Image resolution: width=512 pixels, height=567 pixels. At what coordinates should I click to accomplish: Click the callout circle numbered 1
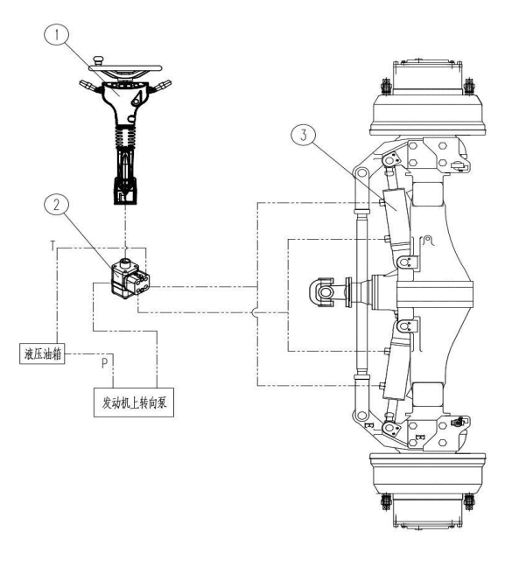click(56, 35)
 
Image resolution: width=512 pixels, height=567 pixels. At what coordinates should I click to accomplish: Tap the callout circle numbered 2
click(56, 205)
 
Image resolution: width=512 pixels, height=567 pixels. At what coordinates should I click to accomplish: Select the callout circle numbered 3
click(304, 136)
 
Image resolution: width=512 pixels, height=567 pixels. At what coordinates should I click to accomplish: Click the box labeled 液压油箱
click(42, 353)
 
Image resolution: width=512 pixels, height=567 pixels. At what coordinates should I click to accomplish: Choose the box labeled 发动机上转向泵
click(134, 402)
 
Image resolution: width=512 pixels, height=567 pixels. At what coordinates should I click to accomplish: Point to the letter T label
click(53, 246)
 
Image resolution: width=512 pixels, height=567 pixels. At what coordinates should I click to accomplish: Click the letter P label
click(104, 363)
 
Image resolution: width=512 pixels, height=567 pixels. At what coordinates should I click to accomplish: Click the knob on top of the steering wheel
click(98, 59)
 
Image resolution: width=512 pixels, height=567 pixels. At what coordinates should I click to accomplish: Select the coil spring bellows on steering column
click(125, 137)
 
